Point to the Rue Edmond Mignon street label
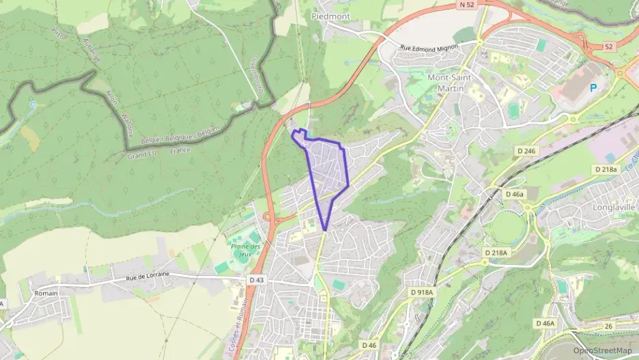point(431,46)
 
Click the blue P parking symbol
point(593,87)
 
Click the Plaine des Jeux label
point(246,250)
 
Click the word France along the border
point(180,150)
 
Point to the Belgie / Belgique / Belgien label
point(180,135)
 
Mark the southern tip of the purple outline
point(325,230)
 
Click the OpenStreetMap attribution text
point(602,350)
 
